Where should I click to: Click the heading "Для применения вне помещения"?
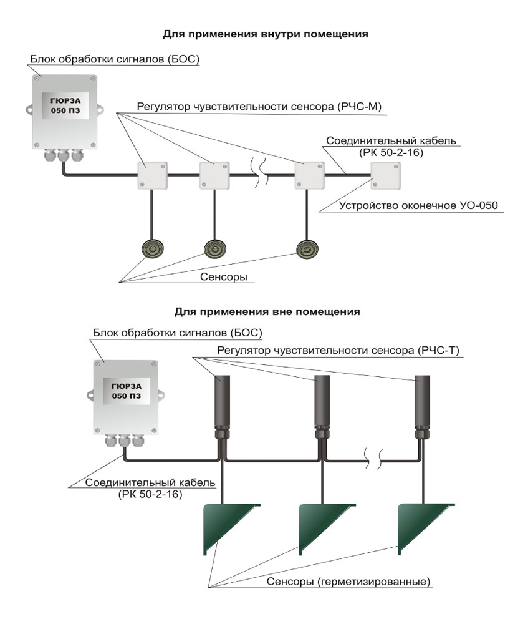(x=267, y=310)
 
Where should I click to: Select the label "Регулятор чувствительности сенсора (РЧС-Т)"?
(x=337, y=351)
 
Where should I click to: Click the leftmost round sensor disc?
(x=151, y=249)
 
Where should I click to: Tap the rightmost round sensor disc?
(x=307, y=249)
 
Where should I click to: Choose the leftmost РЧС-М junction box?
(x=151, y=175)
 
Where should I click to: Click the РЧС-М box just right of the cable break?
(x=309, y=175)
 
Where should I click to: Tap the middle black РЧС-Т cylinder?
(x=322, y=399)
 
